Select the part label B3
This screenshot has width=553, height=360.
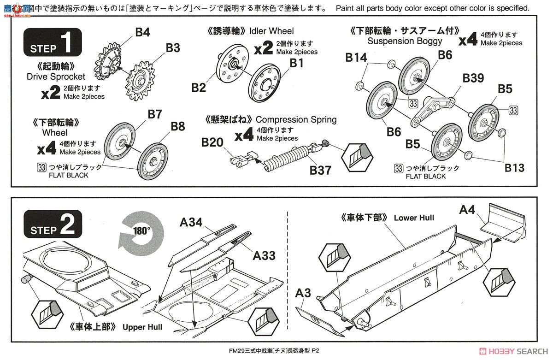tap(173, 47)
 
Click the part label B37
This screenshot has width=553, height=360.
tap(320, 170)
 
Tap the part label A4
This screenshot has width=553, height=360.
tap(466, 210)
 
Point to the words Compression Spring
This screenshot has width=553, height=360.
tap(296, 120)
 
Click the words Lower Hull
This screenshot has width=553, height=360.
tap(413, 218)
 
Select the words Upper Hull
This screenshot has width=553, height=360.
tap(142, 327)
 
